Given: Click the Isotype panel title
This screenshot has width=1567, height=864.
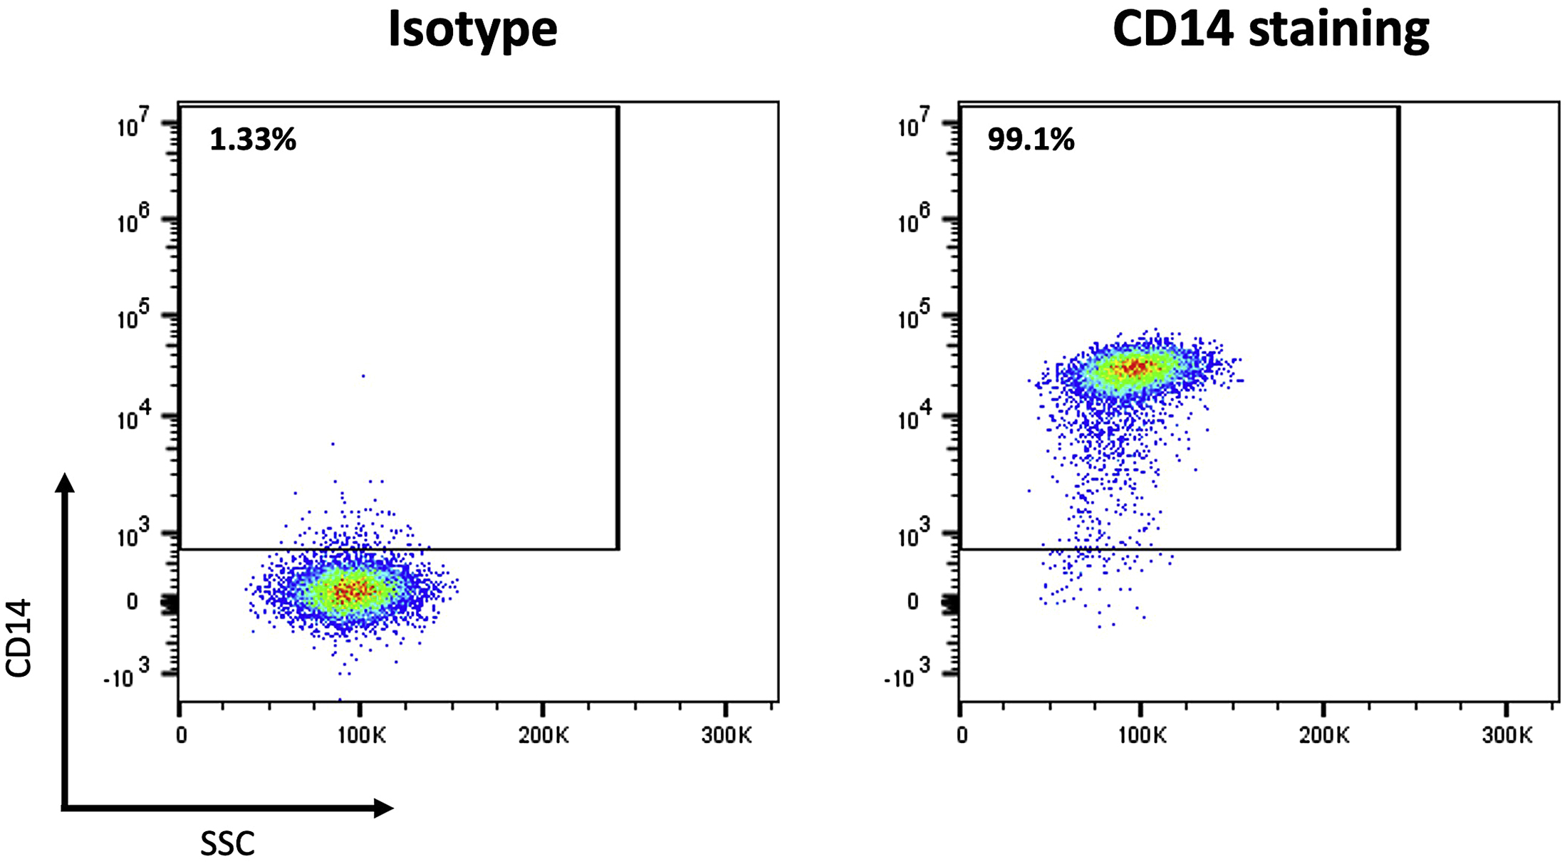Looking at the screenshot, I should [x=472, y=30].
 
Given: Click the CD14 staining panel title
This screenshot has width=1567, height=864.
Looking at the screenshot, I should [x=1270, y=30].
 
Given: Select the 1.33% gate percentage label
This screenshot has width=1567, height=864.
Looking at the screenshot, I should [x=253, y=140].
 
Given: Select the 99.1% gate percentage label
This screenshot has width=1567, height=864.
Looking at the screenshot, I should [x=1031, y=140].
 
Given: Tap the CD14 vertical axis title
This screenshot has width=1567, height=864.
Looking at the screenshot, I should [x=19, y=637].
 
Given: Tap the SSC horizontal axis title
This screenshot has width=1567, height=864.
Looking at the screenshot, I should [x=227, y=844].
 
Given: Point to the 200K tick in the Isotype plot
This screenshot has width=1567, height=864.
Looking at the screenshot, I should [x=543, y=735].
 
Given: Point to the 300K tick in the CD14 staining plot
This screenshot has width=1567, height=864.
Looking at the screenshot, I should [x=1506, y=735].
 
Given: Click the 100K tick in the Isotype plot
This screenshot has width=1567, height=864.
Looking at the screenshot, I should [x=361, y=735].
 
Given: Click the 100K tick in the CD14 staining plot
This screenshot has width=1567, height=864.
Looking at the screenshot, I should [x=1141, y=735].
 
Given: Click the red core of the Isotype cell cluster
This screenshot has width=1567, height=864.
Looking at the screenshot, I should [x=352, y=590].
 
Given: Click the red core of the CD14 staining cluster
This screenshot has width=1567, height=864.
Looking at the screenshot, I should [x=1134, y=368].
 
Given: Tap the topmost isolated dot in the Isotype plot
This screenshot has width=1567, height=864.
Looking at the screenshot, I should [x=363, y=375].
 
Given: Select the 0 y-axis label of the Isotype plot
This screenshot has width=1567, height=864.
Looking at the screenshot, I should [x=132, y=602].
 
